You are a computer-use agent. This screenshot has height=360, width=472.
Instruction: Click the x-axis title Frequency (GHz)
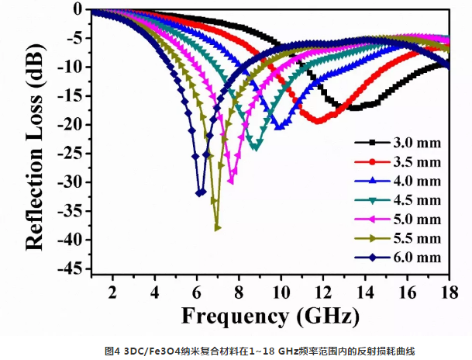270,317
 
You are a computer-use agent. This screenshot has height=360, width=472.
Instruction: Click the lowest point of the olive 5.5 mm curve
218,227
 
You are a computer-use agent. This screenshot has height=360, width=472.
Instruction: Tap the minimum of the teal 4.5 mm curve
256,147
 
